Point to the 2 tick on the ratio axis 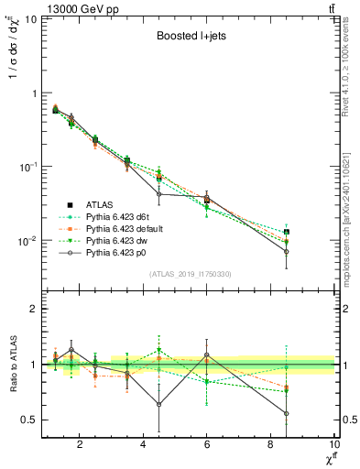pos(34,309)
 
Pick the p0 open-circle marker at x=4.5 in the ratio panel pos(159,404)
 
